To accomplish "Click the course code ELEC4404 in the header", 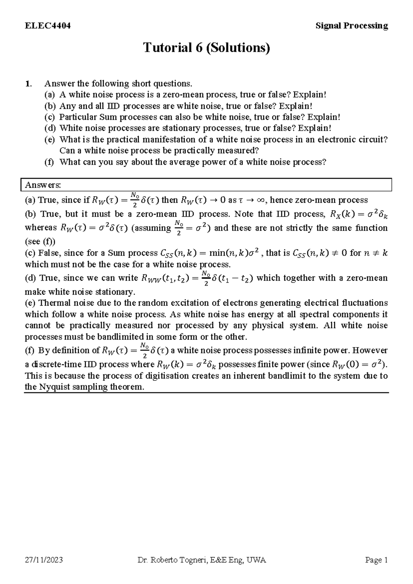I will point(47,26).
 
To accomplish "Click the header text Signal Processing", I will point(352,26).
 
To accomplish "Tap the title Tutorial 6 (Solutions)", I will point(206,48).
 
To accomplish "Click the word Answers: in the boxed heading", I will point(43,185).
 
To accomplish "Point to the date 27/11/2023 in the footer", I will point(44,560).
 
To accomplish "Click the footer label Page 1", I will point(377,560).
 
